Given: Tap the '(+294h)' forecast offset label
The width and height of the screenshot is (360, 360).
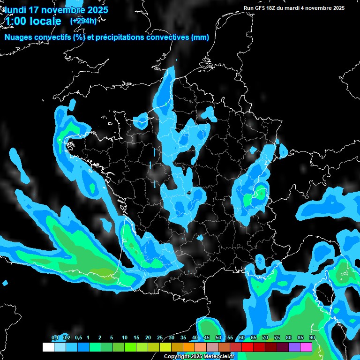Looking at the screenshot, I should tap(83, 21).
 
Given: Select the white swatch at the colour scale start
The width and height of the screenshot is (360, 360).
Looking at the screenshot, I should tap(48, 347).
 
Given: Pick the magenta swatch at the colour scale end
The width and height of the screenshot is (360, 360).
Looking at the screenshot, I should tap(306, 347).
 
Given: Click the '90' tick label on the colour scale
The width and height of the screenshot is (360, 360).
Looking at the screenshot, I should tap(312, 337).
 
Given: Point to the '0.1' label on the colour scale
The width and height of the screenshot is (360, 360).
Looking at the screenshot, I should tap(55, 337).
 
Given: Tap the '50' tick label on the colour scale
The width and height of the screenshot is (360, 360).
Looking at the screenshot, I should tap(218, 337).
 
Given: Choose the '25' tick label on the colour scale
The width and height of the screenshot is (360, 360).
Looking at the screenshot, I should tap(159, 337).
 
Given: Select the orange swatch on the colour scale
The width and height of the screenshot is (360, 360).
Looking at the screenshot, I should tap(189, 347).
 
